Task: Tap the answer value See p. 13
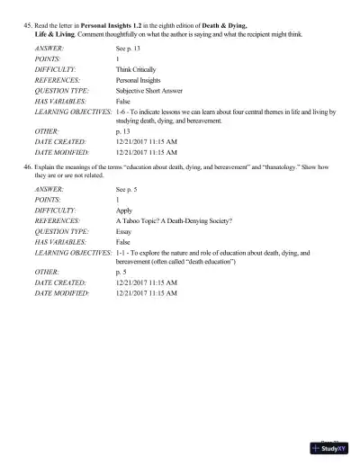(x=130, y=46)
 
